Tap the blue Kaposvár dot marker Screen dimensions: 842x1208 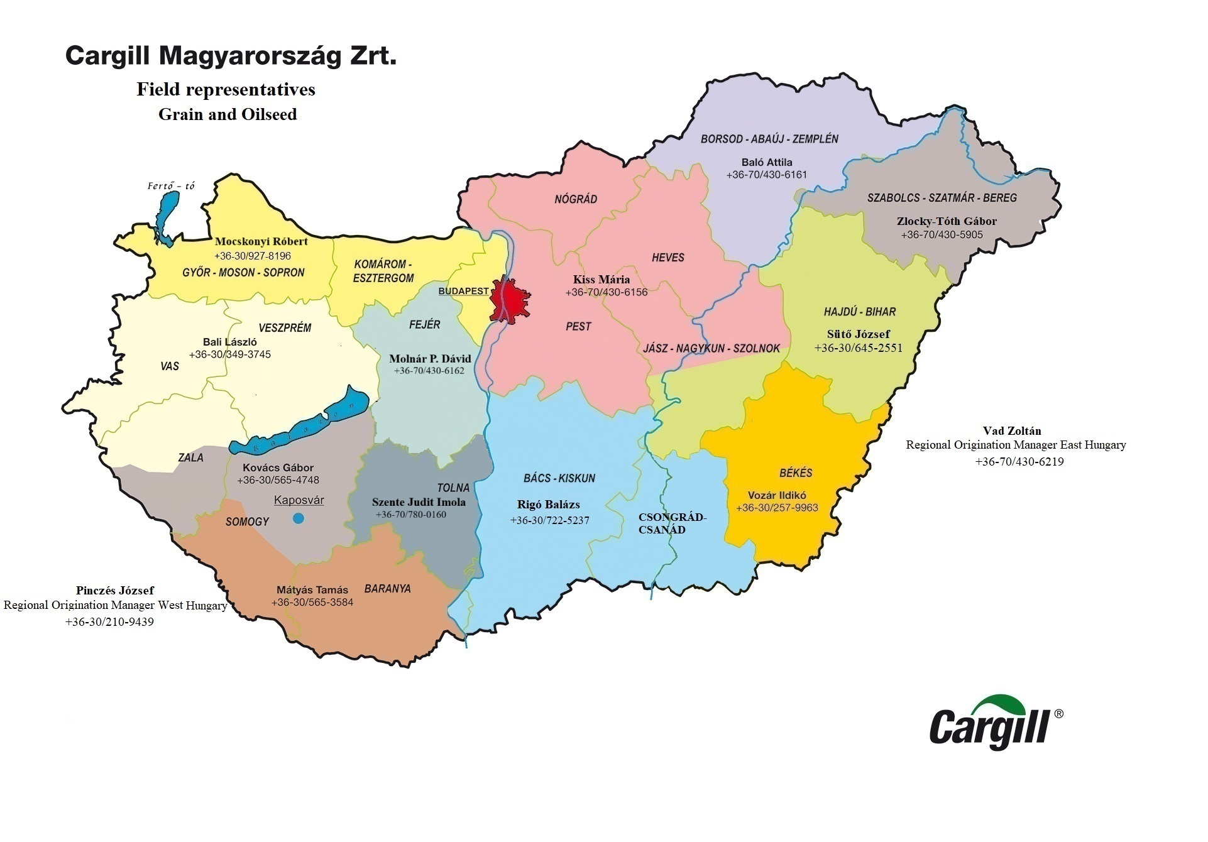click(x=299, y=518)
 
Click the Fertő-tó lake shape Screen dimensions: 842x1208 click(x=166, y=217)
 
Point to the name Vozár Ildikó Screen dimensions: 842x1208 click(x=777, y=495)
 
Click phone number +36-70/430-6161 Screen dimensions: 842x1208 click(x=766, y=175)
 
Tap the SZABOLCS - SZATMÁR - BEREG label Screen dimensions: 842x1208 click(x=942, y=198)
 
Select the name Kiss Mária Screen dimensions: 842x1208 click(x=601, y=280)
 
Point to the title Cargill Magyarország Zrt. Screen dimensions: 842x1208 click(x=231, y=56)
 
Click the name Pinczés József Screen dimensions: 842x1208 click(x=115, y=591)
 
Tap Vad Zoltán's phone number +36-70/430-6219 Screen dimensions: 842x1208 click(x=1019, y=461)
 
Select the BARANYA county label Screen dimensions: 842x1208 click(x=387, y=589)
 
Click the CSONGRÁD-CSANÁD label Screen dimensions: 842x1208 click(x=672, y=523)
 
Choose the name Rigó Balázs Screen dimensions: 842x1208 click(x=548, y=505)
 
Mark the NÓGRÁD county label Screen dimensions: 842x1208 click(x=575, y=200)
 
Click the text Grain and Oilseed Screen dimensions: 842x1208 click(x=228, y=114)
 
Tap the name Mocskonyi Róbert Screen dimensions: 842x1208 click(x=261, y=241)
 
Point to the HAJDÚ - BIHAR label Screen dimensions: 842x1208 click(x=859, y=312)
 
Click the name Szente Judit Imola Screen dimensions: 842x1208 click(x=419, y=502)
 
